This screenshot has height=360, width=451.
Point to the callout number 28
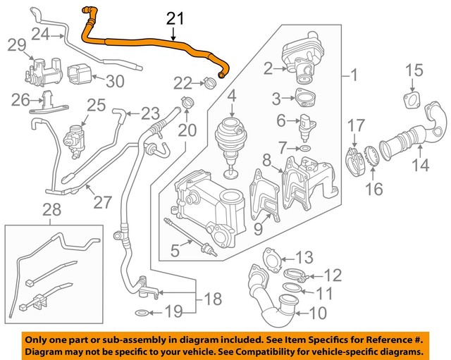pos(51,209)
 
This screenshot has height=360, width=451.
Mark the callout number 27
pos(103,202)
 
